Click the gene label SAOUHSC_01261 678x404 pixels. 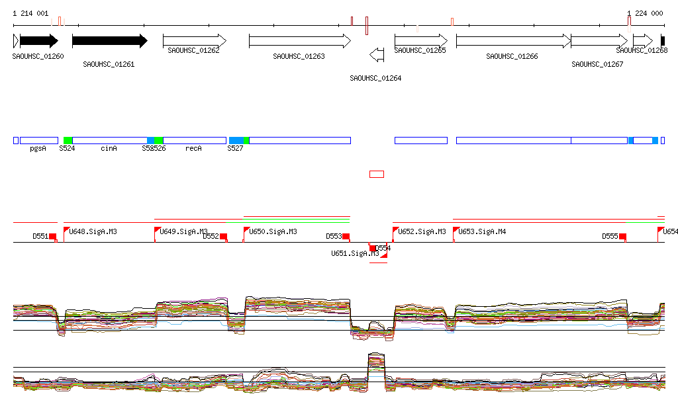pyautogui.click(x=109, y=64)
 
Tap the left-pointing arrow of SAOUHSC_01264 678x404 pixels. pyautogui.click(x=376, y=54)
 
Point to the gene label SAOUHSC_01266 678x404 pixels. pyautogui.click(x=512, y=56)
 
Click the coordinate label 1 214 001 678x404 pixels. pyautogui.click(x=30, y=13)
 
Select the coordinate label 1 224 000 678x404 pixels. pyautogui.click(x=645, y=13)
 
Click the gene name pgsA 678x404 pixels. pyautogui.click(x=38, y=149)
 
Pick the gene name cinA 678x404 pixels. pyautogui.click(x=109, y=149)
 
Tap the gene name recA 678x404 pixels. pyautogui.click(x=193, y=149)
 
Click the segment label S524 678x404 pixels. pyautogui.click(x=67, y=149)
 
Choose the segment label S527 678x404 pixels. pyautogui.click(x=235, y=149)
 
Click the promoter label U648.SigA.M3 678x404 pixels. pyautogui.click(x=93, y=232)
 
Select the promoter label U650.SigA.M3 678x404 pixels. pyautogui.click(x=273, y=232)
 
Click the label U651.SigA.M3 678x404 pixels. pyautogui.click(x=355, y=253)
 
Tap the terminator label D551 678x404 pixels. pyautogui.click(x=40, y=236)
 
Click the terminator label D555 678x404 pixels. pyautogui.click(x=610, y=236)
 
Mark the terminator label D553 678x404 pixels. pyautogui.click(x=334, y=236)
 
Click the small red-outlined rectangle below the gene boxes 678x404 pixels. pyautogui.click(x=376, y=174)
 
